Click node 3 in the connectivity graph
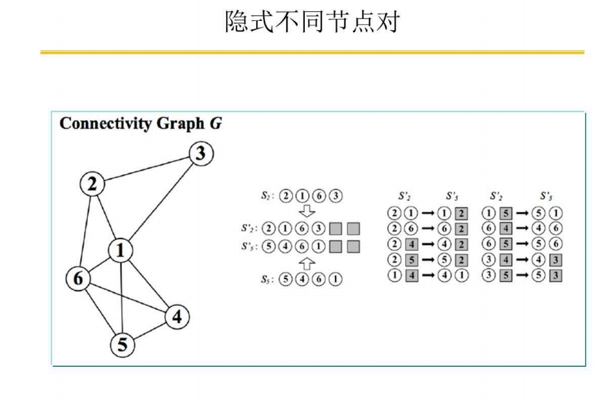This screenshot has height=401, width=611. (199, 153)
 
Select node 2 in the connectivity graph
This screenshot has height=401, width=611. (91, 185)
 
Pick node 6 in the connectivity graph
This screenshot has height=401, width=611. (78, 278)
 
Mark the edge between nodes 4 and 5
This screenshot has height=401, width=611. (150, 331)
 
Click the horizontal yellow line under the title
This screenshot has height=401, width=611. (311, 52)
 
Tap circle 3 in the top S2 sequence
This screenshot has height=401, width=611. (336, 195)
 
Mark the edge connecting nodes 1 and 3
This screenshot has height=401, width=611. (160, 202)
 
